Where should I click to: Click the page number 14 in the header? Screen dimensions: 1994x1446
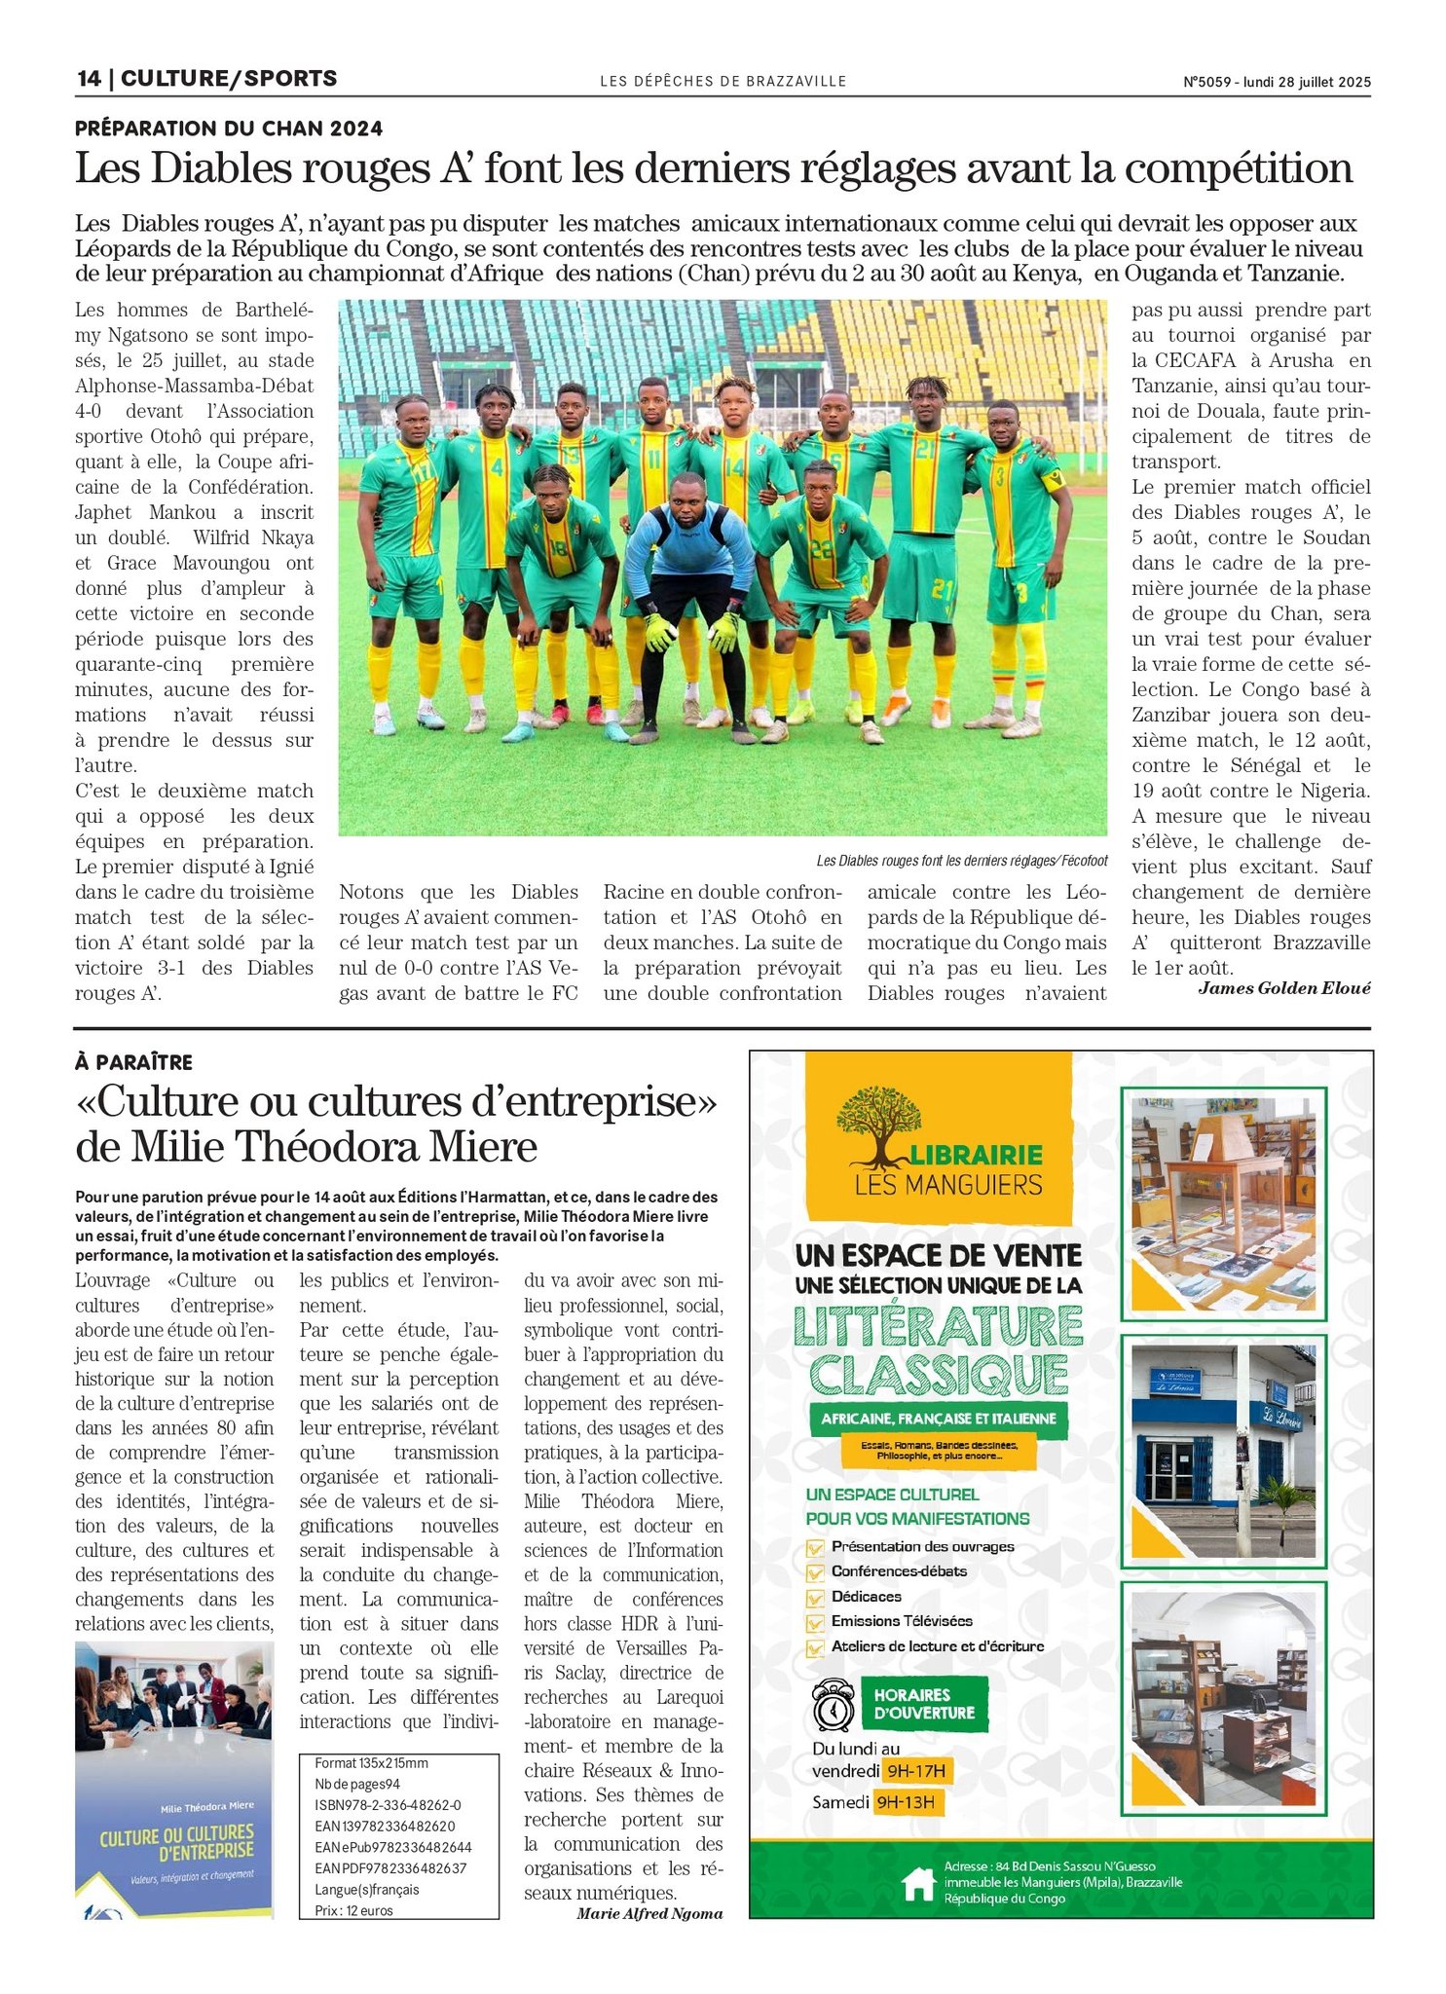pyautogui.click(x=88, y=79)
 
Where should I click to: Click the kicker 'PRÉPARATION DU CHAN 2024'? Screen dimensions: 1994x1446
pyautogui.click(x=229, y=129)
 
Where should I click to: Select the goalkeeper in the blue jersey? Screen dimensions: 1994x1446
pyautogui.click(x=689, y=584)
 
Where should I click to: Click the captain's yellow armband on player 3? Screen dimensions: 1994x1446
pyautogui.click(x=1053, y=481)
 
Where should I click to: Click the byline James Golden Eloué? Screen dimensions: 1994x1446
pyautogui.click(x=1283, y=988)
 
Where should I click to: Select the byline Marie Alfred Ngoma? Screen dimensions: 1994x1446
pyautogui.click(x=649, y=1913)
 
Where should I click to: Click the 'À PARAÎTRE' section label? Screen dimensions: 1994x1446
pyautogui.click(x=134, y=1062)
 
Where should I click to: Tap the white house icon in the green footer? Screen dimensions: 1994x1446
pyautogui.click(x=918, y=1883)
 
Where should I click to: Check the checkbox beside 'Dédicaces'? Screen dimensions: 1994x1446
pyautogui.click(x=815, y=1598)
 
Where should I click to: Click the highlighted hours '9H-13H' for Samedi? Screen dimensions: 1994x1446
pyautogui.click(x=905, y=1802)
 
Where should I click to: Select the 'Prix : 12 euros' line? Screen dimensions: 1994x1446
pyautogui.click(x=354, y=1910)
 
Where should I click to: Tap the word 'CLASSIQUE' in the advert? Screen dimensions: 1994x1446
pyautogui.click(x=939, y=1374)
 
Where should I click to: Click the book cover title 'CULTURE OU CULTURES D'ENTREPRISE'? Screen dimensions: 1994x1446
pyautogui.click(x=176, y=1841)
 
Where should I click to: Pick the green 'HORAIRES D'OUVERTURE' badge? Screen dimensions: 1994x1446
pyautogui.click(x=924, y=1704)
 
